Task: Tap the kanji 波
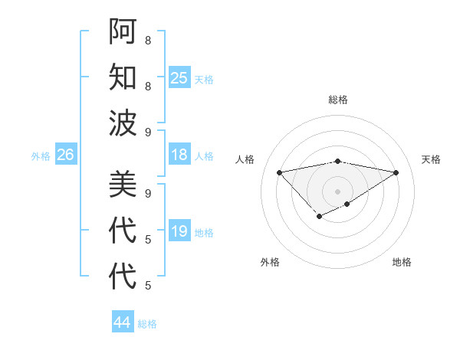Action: pyautogui.click(x=122, y=122)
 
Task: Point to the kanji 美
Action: pyautogui.click(x=122, y=185)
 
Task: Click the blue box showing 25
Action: pyautogui.click(x=179, y=77)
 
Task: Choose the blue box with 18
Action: pyautogui.click(x=179, y=155)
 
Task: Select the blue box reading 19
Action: pyautogui.click(x=179, y=231)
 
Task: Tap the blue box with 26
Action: pyautogui.click(x=65, y=155)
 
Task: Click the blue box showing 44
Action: pyautogui.click(x=122, y=322)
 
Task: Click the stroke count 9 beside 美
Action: pyautogui.click(x=147, y=194)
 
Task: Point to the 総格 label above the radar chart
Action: pyautogui.click(x=338, y=100)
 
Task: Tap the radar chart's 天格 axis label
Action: pyautogui.click(x=431, y=159)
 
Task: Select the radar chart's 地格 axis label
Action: pyautogui.click(x=402, y=262)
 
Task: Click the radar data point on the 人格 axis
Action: pyautogui.click(x=279, y=172)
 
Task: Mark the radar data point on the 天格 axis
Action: pyautogui.click(x=396, y=172)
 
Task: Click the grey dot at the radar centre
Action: pyautogui.click(x=337, y=191)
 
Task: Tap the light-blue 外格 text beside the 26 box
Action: pyautogui.click(x=41, y=156)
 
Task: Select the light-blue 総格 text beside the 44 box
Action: pyautogui.click(x=147, y=324)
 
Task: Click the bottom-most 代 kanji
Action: pyautogui.click(x=122, y=277)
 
